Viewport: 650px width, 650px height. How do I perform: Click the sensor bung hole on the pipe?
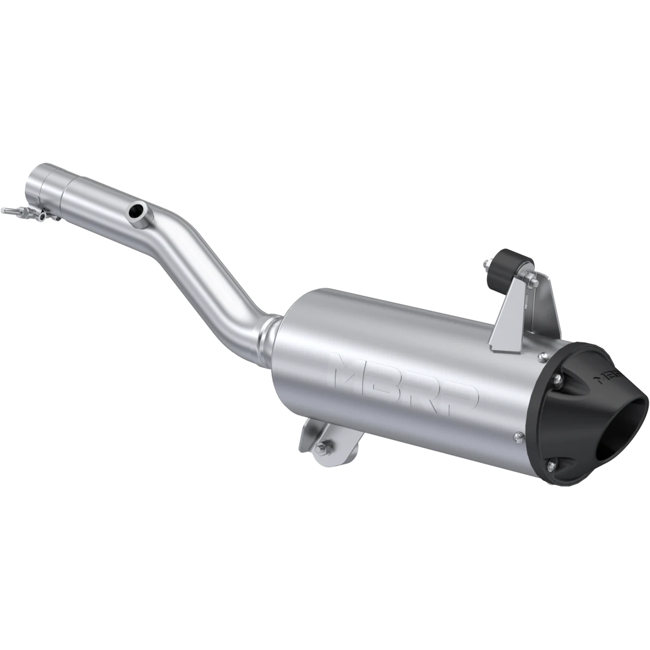136,211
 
